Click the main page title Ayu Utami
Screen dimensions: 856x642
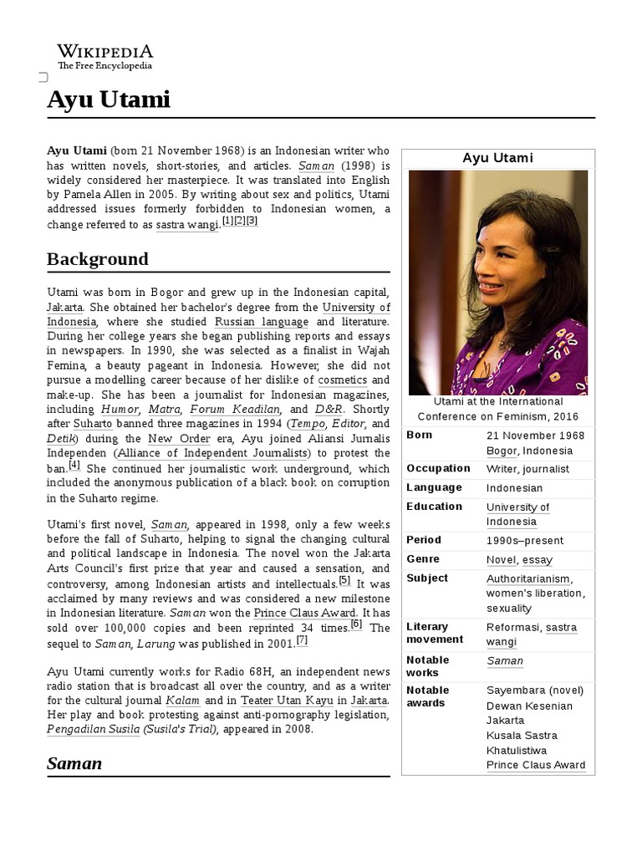tap(108, 100)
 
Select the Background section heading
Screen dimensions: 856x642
tap(98, 259)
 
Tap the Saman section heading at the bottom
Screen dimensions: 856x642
tap(74, 763)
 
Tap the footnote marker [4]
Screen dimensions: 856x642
tap(74, 466)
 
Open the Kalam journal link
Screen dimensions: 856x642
tap(182, 700)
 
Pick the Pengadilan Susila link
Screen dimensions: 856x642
tap(93, 730)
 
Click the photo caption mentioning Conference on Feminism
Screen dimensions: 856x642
tap(497, 409)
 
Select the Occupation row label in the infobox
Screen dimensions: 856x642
tap(438, 468)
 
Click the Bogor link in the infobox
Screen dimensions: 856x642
tap(502, 451)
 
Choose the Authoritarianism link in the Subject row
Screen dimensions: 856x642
tap(528, 578)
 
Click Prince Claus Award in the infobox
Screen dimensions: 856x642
tap(535, 765)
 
